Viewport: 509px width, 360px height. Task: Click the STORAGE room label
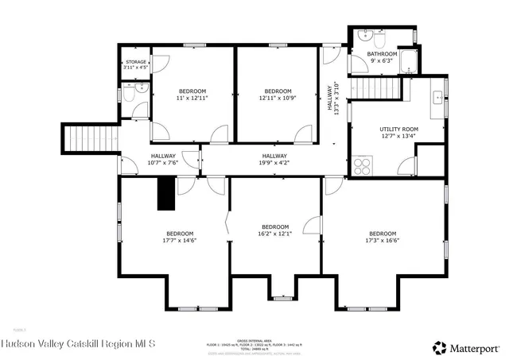135,64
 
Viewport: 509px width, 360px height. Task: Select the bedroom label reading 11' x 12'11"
192,95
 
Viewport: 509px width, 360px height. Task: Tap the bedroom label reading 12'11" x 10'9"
277,95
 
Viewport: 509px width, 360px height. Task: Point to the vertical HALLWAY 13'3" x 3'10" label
335,99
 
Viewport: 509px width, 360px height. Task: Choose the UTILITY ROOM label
388,131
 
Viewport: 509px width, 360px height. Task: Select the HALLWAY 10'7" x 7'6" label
162,159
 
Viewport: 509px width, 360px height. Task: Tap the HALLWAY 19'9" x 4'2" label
274,159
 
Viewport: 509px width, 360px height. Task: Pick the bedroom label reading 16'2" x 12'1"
275,230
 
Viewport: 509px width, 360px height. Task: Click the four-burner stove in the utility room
363,166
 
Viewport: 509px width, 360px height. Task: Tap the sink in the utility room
437,98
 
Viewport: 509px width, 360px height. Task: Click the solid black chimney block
165,193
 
